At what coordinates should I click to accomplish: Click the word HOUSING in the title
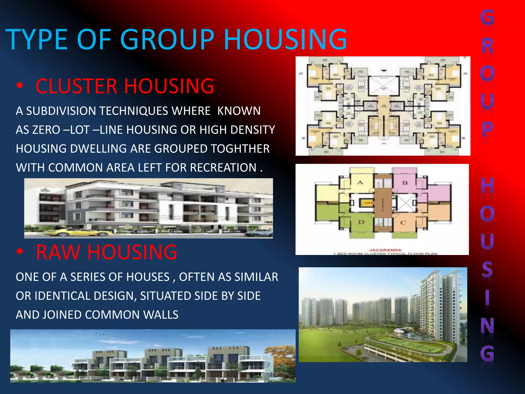pos(285,40)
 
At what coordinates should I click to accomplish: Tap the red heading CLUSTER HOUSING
pos(125,86)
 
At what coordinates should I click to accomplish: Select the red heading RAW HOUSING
pos(106,252)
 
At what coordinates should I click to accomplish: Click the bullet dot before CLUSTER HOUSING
pos(19,86)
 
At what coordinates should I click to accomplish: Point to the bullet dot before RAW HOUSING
pos(19,252)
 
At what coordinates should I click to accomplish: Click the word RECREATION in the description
pos(223,168)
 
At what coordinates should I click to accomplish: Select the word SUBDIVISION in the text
pos(61,111)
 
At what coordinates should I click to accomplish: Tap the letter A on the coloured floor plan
pos(360,183)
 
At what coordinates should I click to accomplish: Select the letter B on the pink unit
pos(405,183)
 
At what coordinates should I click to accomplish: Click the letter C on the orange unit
pos(403,222)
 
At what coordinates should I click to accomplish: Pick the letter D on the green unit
pos(361,222)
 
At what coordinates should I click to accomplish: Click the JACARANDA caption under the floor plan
pos(385,250)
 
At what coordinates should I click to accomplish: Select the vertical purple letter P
pos(487,129)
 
